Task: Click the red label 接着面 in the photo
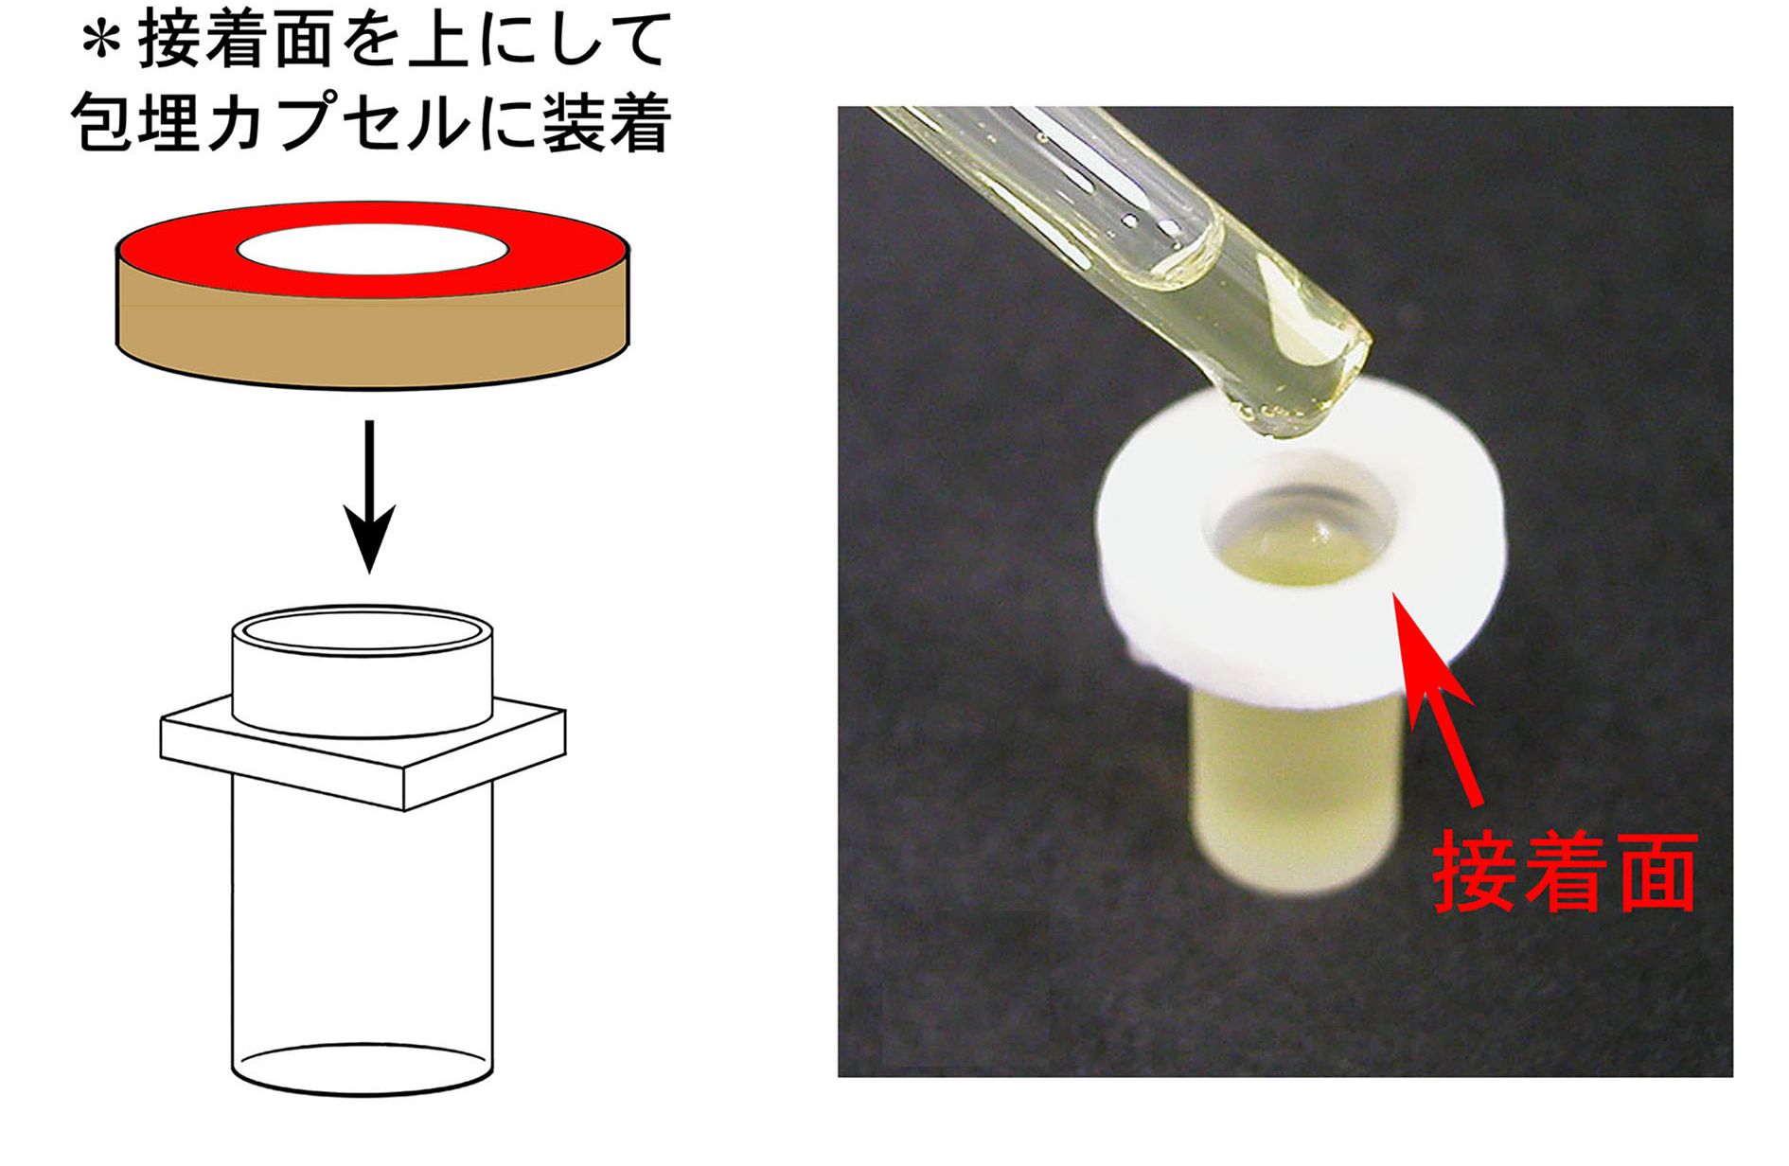(1565, 873)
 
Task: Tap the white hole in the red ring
(372, 249)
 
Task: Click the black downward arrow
(369, 496)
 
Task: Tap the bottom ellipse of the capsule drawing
(363, 1069)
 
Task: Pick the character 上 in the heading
(438, 42)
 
